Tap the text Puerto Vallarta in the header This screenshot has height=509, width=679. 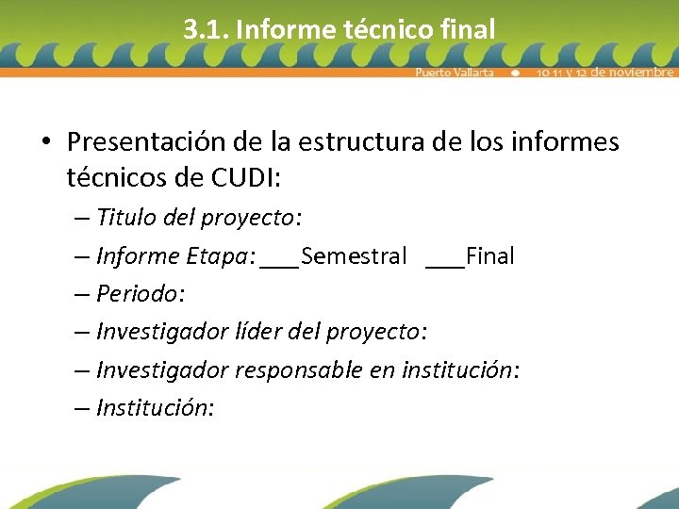(455, 73)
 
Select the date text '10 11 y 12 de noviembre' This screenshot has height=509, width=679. (604, 73)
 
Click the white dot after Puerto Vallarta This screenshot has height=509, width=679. (515, 73)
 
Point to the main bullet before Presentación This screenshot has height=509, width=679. (45, 142)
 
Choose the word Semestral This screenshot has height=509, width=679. (354, 256)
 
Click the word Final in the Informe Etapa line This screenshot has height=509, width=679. (489, 256)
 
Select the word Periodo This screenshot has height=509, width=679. (137, 294)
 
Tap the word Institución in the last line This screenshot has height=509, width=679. (154, 407)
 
